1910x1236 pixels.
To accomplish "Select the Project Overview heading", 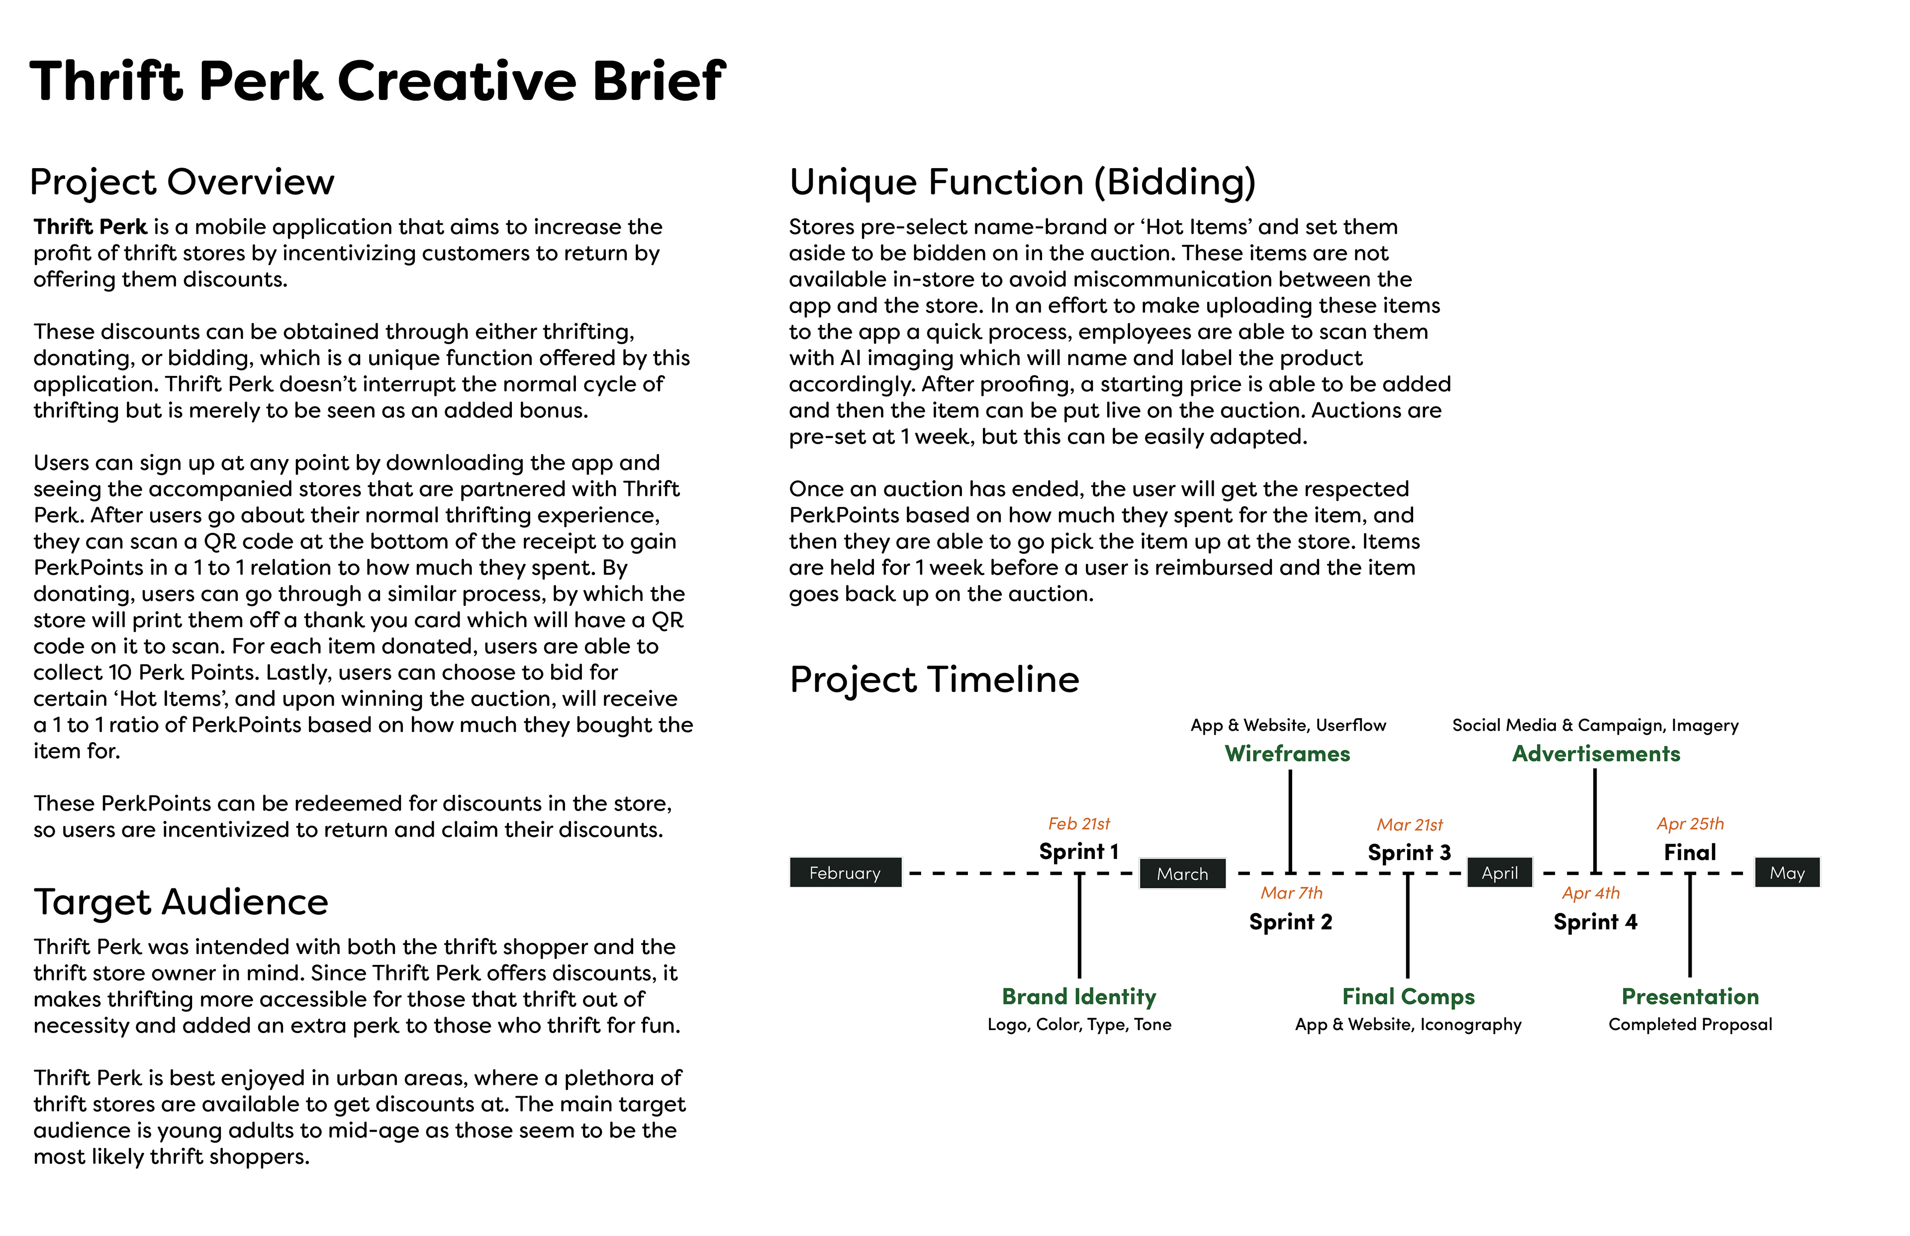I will (x=182, y=182).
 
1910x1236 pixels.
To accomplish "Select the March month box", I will (x=1182, y=873).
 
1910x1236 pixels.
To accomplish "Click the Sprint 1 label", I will (x=1078, y=852).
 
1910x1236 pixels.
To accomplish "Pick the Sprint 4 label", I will (x=1595, y=921).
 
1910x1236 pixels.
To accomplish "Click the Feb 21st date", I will (x=1078, y=824).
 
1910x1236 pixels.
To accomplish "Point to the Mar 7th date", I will (x=1290, y=892).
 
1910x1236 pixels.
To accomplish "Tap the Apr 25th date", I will (x=1689, y=824).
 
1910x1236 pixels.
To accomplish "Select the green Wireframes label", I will (x=1287, y=754).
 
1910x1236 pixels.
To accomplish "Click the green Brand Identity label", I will (x=1078, y=996).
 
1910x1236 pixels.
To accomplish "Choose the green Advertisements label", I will (x=1596, y=754).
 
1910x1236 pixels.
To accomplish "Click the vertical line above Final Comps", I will (x=1408, y=927).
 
